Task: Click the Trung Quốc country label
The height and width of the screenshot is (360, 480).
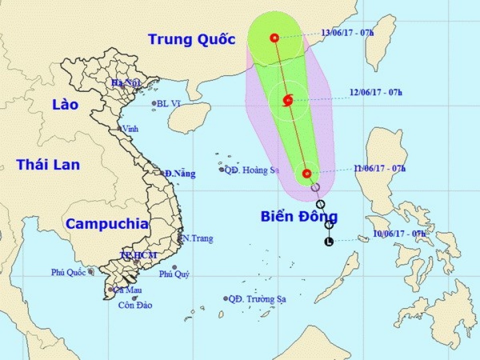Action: [191, 39]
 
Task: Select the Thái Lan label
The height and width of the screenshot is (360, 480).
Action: [48, 164]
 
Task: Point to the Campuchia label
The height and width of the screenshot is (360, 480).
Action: [107, 224]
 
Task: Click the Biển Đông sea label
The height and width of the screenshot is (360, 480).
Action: [299, 216]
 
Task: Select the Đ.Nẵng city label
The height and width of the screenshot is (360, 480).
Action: [180, 174]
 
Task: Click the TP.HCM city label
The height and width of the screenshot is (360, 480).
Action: [138, 255]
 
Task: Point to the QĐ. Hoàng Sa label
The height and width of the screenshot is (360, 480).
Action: [251, 170]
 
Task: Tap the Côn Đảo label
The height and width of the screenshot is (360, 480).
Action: [135, 305]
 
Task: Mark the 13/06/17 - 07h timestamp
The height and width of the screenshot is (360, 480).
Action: [348, 32]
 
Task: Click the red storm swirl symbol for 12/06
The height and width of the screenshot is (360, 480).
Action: [287, 100]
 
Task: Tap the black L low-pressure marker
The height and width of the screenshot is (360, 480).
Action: [328, 242]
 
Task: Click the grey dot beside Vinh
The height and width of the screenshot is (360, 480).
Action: [119, 128]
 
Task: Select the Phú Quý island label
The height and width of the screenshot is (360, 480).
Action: [174, 274]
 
